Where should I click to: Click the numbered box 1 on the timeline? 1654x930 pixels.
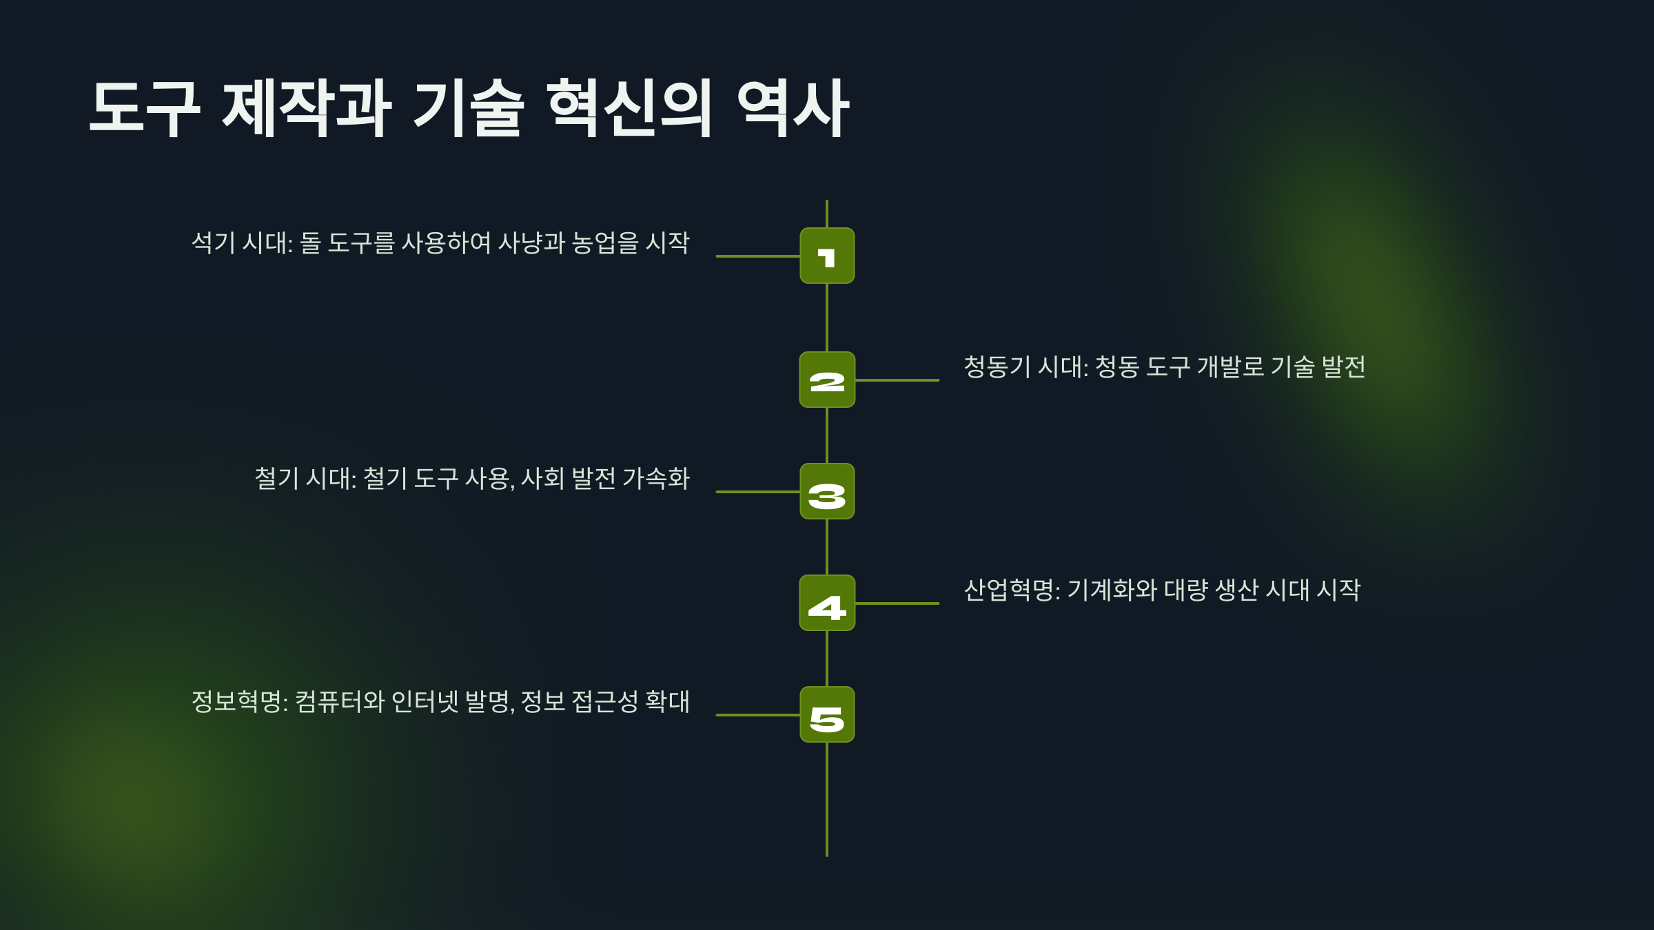point(827,256)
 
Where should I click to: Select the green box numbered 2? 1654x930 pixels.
point(827,380)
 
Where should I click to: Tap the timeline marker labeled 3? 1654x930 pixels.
point(827,491)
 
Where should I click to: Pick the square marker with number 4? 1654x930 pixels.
point(827,603)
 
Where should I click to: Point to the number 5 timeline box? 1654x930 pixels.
point(827,714)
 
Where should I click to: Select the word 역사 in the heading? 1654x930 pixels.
point(793,108)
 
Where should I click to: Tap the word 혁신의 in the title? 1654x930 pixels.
point(629,108)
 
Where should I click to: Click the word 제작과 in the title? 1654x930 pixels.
point(307,108)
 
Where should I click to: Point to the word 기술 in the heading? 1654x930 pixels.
point(469,108)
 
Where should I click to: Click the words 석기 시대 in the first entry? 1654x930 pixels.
point(241,243)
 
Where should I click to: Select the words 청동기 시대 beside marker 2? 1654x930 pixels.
point(1024,367)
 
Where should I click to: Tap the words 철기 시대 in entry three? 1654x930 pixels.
point(304,479)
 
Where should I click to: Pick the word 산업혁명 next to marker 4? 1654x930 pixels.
point(1009,590)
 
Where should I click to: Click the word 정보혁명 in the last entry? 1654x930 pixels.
point(237,702)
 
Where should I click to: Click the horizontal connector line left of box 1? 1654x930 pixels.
point(757,256)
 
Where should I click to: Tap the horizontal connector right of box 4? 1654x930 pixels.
point(897,603)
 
